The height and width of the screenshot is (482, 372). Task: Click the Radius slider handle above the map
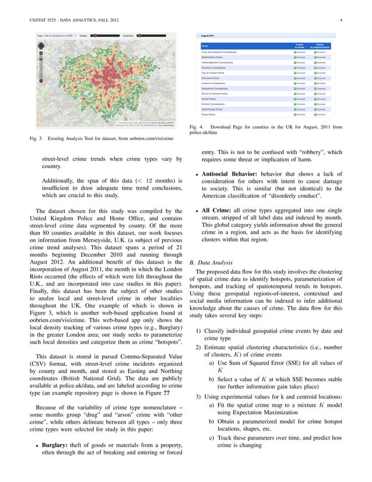[94, 36]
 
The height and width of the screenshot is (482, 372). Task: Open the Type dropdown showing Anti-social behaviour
[58, 36]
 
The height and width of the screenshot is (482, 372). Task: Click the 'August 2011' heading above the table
[208, 36]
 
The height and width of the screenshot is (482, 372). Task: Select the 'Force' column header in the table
[205, 46]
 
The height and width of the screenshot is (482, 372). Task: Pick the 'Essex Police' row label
[208, 114]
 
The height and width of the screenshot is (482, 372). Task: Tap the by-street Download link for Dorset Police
[299, 99]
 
